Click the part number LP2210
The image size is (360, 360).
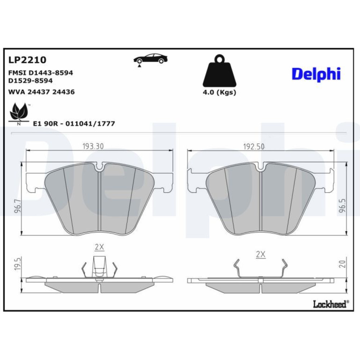click(27, 60)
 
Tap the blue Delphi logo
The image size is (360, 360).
click(316, 74)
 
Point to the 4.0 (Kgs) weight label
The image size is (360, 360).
click(220, 92)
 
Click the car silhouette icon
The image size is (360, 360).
click(150, 59)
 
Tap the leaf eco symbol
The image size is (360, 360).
click(19, 114)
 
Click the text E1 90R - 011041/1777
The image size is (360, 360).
click(74, 124)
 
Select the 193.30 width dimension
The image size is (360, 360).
click(93, 146)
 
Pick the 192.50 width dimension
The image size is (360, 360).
click(254, 147)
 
